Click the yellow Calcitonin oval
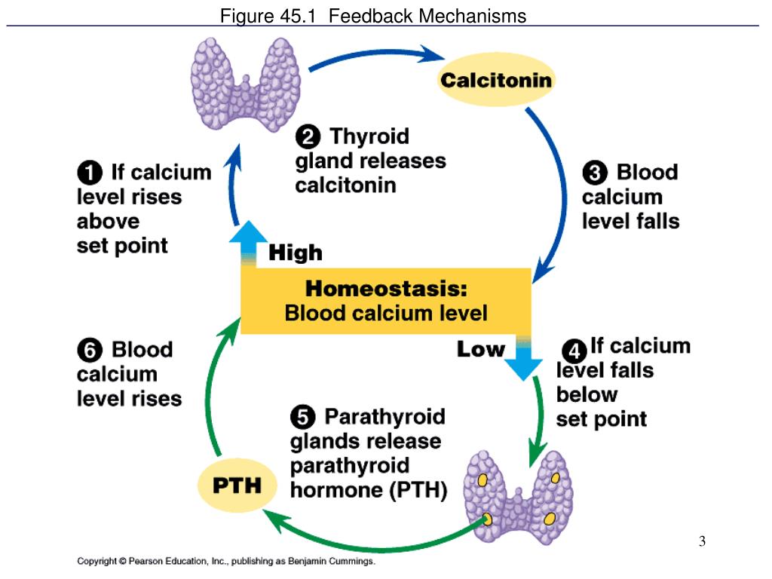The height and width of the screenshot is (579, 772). click(x=496, y=81)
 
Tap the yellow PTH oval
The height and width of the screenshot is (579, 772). click(x=236, y=484)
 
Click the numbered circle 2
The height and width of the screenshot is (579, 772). click(x=308, y=137)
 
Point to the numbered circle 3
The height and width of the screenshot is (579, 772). click(x=595, y=173)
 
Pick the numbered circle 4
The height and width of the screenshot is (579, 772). click(x=574, y=351)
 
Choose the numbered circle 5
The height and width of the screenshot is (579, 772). click(x=303, y=417)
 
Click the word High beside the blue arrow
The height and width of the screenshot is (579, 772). click(x=296, y=253)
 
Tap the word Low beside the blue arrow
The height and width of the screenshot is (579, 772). click(x=480, y=349)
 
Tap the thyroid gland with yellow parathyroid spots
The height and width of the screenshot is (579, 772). click(x=519, y=494)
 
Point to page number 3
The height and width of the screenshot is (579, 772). click(x=702, y=541)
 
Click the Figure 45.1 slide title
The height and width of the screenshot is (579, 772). click(x=373, y=16)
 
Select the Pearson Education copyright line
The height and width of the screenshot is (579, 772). click(x=226, y=562)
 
